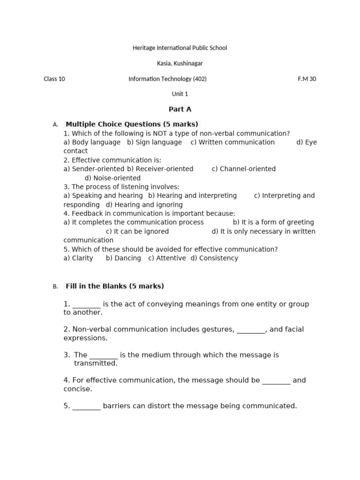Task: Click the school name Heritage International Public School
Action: point(180,48)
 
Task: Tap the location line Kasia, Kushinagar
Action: point(180,63)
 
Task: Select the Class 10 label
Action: point(54,79)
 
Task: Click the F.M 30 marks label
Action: point(307,79)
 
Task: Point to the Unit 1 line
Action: point(180,94)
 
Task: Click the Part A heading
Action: point(180,109)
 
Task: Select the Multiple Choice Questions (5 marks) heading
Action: point(132,124)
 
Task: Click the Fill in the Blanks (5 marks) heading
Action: point(115,286)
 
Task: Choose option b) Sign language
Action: point(154,142)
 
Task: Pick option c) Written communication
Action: point(232,142)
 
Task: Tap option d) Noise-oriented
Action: point(112,178)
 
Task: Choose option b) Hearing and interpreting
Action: point(192,195)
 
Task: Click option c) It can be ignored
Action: point(137,231)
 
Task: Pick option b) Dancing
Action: point(123,258)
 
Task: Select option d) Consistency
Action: point(214,258)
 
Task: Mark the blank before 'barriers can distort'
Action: point(86,406)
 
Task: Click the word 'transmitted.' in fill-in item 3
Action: point(96,363)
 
